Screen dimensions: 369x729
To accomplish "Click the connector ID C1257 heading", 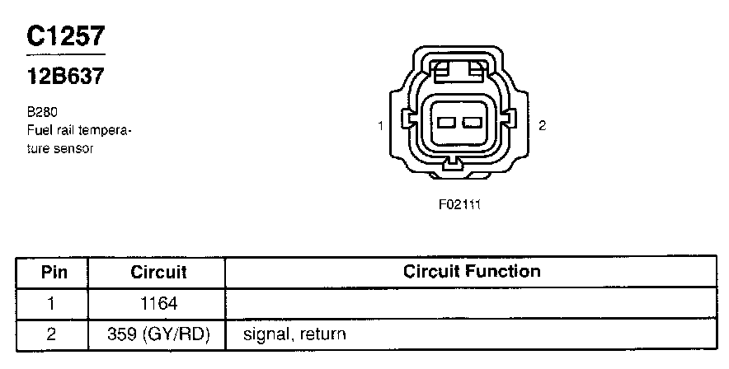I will point(66,35).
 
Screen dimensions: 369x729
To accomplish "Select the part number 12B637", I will point(66,77).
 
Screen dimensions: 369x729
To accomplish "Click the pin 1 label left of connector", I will point(380,125).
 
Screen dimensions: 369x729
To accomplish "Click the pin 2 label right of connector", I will point(542,125).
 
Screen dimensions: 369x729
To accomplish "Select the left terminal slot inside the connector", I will point(446,123).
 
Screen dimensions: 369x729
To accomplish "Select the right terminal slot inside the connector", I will point(472,123).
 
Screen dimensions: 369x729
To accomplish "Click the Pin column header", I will point(54,272).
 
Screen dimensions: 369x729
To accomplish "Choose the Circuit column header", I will point(158,272).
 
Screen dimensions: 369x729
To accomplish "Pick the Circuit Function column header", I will point(472,271).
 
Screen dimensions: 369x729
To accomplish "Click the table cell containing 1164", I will point(158,303).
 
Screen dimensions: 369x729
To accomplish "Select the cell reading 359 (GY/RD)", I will point(158,334).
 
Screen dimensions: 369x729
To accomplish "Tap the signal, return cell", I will point(294,334).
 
